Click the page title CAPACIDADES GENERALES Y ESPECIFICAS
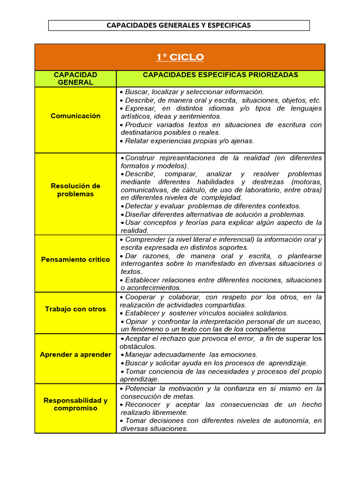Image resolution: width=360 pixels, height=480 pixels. [x=179, y=25]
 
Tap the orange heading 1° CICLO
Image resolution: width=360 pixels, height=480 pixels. [x=180, y=57]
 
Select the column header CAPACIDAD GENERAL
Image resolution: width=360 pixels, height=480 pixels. [x=75, y=79]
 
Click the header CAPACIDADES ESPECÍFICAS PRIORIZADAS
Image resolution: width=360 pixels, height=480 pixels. [x=220, y=75]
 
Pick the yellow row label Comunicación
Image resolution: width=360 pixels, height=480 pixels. [x=75, y=116]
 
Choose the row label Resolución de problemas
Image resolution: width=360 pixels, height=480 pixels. [x=75, y=190]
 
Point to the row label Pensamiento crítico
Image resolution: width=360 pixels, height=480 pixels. [x=75, y=260]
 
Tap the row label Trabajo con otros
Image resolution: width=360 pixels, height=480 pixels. [x=75, y=309]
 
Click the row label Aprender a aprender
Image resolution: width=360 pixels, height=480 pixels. [x=75, y=354]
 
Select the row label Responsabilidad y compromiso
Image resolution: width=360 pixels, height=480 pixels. [x=75, y=404]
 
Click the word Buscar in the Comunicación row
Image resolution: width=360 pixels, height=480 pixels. [x=136, y=92]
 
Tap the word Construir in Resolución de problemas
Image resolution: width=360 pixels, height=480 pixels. [x=141, y=157]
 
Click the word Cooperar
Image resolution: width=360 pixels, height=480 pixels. [x=141, y=297]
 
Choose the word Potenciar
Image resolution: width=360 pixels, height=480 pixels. [x=141, y=389]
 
